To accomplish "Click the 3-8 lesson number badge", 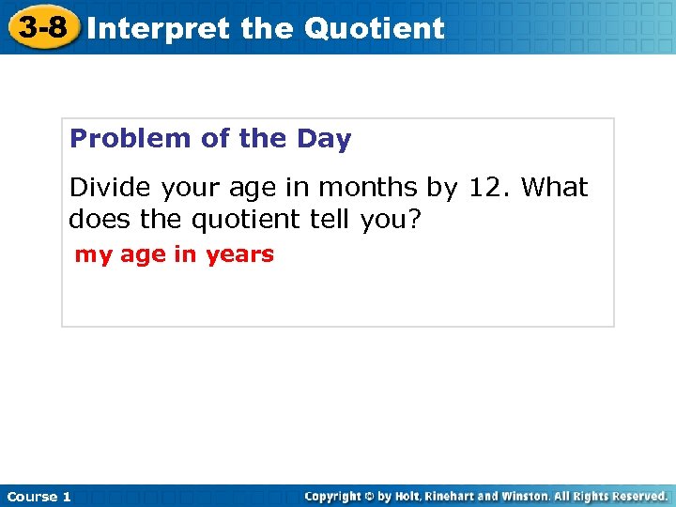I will pos(44,27).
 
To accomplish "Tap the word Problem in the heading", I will pos(131,139).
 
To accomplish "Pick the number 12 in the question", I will pos(489,188).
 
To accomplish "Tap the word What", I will pos(554,188).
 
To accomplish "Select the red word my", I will pos(93,255).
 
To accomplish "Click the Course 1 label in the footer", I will pos(38,497).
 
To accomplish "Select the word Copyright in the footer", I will pos(334,496).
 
